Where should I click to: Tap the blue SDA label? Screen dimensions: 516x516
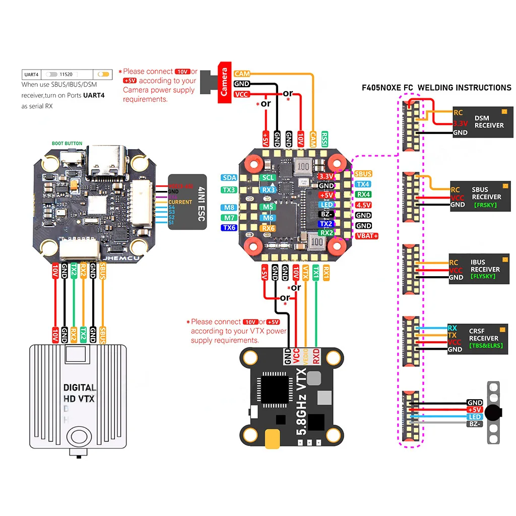(x=228, y=178)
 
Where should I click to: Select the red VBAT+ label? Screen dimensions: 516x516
(x=367, y=236)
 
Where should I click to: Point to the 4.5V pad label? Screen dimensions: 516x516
(x=363, y=205)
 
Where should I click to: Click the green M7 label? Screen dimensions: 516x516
(x=228, y=218)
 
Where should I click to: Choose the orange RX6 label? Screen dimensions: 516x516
(x=268, y=228)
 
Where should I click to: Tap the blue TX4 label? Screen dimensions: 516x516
(x=363, y=184)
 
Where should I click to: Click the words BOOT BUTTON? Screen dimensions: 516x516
(x=67, y=144)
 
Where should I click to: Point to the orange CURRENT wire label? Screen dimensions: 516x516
(x=180, y=202)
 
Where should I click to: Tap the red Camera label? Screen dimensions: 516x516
(x=225, y=83)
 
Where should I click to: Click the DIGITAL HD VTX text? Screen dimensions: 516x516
(x=80, y=393)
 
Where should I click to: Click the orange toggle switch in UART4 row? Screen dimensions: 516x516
(x=104, y=74)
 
